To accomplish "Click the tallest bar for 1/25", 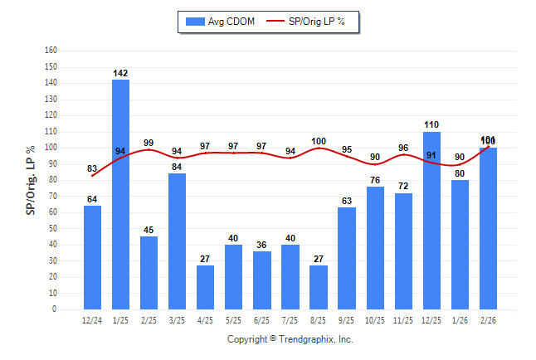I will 120,195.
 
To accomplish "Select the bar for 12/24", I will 92,258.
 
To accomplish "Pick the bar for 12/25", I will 431,221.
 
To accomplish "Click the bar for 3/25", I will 177,241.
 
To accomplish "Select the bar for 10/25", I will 374,248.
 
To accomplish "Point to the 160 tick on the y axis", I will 51,50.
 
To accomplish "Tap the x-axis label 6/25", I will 261,320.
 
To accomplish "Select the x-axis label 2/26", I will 488,320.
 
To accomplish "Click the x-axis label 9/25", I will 347,320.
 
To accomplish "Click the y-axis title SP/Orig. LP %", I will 31,178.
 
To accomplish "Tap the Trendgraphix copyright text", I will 290,339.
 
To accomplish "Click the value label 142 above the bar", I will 120,73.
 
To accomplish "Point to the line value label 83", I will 92,168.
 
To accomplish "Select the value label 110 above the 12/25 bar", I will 431,124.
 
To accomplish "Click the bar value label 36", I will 261,245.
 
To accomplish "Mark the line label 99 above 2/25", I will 149,143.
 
